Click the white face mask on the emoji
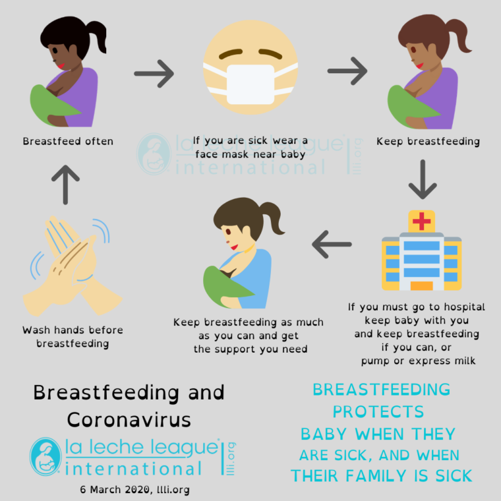250,84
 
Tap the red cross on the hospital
421,221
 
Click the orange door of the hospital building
421,285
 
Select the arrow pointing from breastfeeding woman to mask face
154,73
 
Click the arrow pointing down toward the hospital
423,179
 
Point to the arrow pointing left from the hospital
332,244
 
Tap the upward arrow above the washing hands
65,185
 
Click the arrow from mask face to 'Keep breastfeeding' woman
347,71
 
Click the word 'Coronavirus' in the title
129,419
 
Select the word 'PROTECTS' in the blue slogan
378,411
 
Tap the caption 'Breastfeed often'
68,141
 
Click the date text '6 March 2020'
115,490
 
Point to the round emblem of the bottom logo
45,457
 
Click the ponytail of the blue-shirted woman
272,218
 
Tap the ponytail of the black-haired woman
97,36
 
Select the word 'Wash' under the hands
34,330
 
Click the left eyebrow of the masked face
231,53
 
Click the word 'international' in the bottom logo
133,469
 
